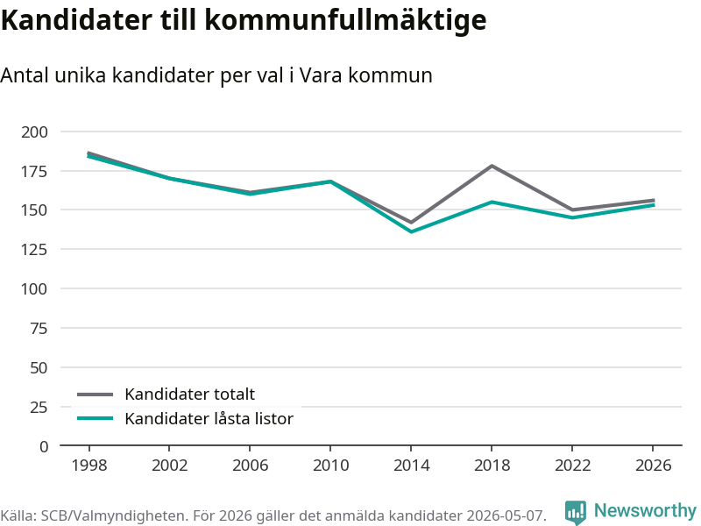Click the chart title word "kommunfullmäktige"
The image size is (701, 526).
[345, 20]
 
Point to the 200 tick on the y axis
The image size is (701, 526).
[34, 132]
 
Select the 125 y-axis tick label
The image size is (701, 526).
[34, 249]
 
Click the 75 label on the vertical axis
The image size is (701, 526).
[39, 328]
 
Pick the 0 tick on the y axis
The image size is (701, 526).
[43, 446]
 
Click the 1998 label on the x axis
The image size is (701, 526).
[89, 466]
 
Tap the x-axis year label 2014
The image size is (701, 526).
[411, 466]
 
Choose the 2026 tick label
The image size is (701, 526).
[653, 466]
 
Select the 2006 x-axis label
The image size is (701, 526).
[250, 466]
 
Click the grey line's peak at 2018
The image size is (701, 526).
[492, 166]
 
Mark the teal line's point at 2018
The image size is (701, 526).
[492, 203]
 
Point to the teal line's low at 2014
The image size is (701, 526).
[411, 231]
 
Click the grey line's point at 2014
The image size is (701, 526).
[411, 223]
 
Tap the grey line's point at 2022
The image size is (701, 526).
[572, 210]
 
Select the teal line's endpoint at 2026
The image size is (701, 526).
[654, 205]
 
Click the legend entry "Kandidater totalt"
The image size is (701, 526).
[166, 394]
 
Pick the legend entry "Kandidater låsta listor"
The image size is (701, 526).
[185, 419]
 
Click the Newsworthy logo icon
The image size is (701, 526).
[576, 512]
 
